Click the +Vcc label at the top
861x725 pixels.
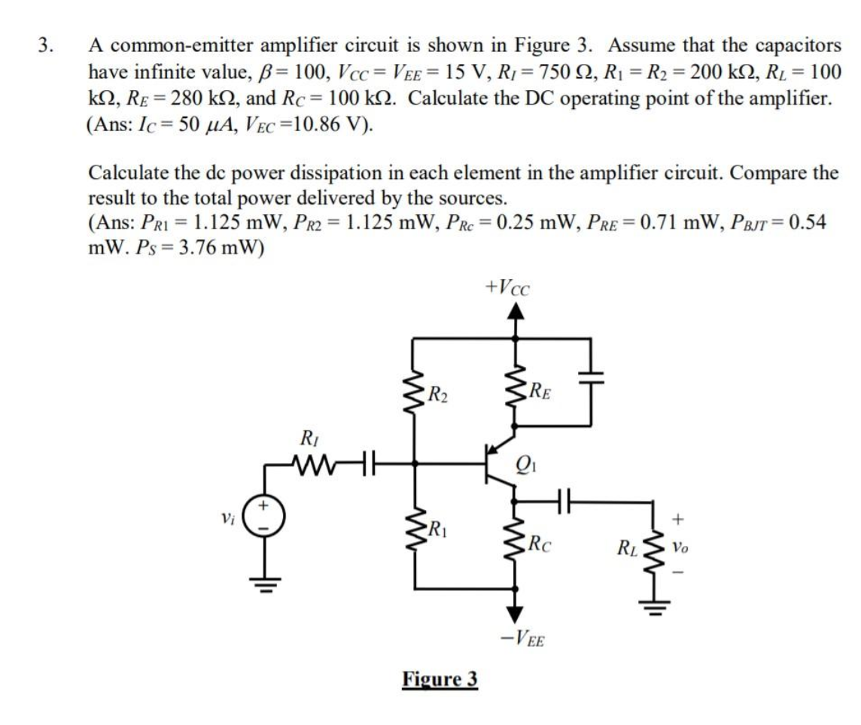[509, 289]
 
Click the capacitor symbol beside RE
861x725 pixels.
[589, 374]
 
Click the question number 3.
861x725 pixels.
[45, 45]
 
